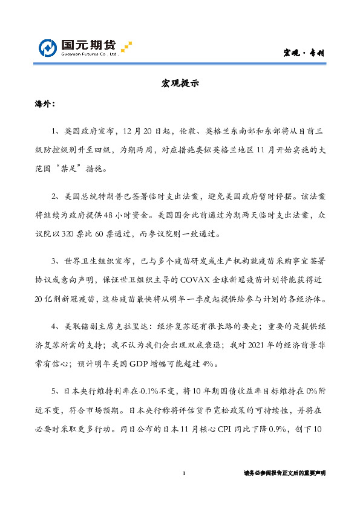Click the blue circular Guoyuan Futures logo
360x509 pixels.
click(x=49, y=48)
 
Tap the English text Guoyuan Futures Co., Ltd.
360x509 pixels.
click(x=88, y=55)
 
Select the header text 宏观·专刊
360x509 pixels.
click(x=306, y=53)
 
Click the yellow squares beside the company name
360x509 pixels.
click(x=126, y=47)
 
